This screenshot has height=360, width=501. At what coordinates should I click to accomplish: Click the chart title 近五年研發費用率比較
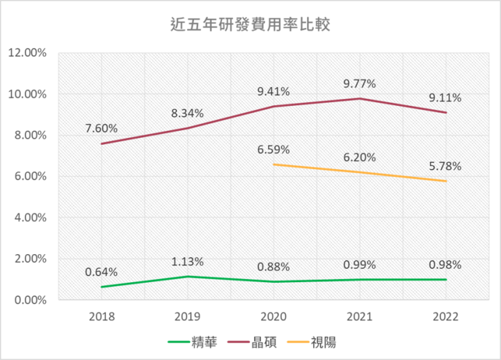point(250,26)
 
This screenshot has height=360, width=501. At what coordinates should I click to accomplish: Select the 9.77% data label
point(359,84)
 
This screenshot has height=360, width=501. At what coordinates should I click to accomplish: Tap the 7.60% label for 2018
point(102,128)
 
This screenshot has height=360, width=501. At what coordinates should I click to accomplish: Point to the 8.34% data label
point(187,113)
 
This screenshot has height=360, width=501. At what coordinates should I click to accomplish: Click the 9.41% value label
point(273,91)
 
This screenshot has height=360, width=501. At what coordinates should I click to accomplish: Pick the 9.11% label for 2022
point(445,97)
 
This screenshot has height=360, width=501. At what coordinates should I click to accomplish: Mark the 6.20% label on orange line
point(359,157)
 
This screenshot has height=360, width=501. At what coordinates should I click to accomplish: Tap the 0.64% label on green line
point(102,272)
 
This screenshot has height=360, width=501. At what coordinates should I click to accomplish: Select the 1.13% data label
point(187,262)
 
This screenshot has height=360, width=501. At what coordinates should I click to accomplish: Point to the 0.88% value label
point(273,267)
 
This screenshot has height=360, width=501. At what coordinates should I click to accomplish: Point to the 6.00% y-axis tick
point(29,176)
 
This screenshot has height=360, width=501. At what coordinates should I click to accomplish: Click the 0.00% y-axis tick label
point(29,300)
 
